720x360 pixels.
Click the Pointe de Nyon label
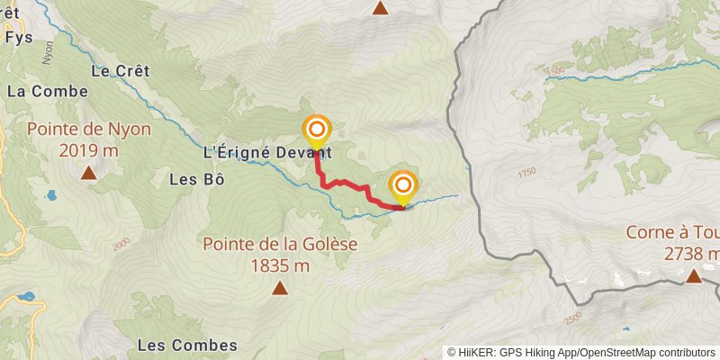click(88, 129)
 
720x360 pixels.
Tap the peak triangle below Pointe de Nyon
click(88, 173)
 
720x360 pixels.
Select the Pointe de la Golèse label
click(280, 243)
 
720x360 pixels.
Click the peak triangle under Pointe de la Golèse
click(280, 289)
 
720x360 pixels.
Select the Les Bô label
click(196, 178)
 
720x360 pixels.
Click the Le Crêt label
click(120, 70)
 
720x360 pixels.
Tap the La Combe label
click(48, 91)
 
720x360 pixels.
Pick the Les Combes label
click(187, 345)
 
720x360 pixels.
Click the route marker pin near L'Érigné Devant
click(316, 131)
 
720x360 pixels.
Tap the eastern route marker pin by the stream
click(402, 186)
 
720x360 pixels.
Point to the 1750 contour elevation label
click(526, 171)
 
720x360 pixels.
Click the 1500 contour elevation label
click(555, 71)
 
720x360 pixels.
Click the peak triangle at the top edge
click(381, 8)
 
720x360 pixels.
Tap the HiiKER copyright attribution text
click(581, 352)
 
